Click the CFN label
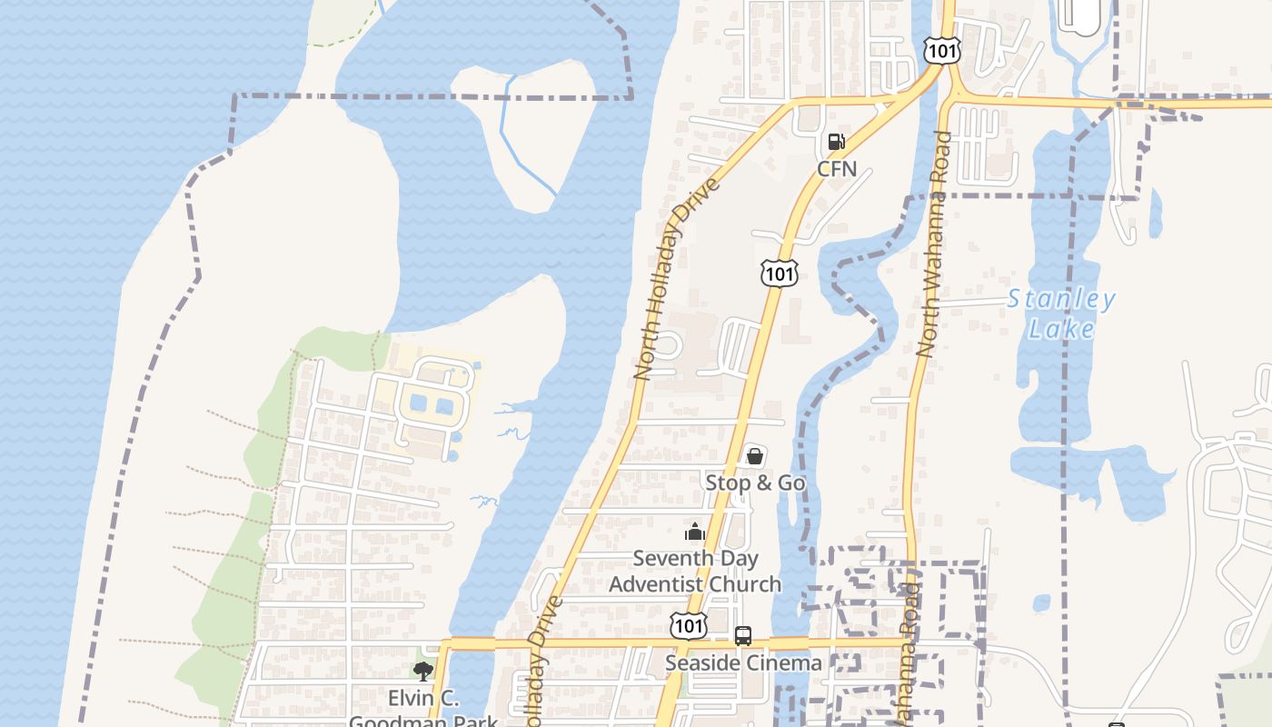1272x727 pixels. pos(837,168)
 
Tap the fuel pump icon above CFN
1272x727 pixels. pos(837,142)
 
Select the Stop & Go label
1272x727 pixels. pos(755,483)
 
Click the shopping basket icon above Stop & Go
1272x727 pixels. pos(754,455)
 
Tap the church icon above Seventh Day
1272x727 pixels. pos(695,532)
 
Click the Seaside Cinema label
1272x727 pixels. pos(743,662)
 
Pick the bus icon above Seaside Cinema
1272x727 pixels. pos(743,635)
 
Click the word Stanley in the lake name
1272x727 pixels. pos(1061,299)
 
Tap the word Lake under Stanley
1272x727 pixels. pos(1061,328)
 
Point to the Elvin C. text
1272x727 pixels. pos(424,699)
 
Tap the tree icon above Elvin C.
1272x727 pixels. pos(422,672)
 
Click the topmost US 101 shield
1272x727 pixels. pos(941,51)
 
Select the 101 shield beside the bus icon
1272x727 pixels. pos(689,625)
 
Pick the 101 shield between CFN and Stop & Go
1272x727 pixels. pos(780,273)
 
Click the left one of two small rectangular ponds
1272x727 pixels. pos(418,403)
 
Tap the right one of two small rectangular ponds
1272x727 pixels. pos(444,406)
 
